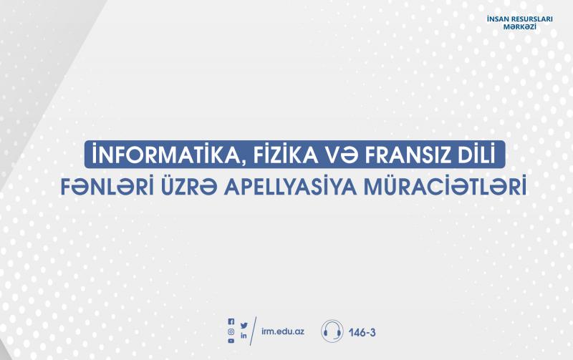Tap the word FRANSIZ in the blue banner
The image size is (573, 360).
coord(399,155)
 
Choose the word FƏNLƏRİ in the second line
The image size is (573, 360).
coord(107,187)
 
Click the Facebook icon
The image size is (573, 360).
coord(231,321)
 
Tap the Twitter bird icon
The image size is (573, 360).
coord(244,325)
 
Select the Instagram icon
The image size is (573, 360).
coord(231,332)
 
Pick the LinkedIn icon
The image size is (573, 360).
coord(244,336)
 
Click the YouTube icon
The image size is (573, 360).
coord(231,341)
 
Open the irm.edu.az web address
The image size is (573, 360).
coord(283,331)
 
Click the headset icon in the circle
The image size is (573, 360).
coord(332,331)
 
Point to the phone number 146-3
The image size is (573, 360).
coord(362,333)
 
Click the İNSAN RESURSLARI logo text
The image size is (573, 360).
coord(520,19)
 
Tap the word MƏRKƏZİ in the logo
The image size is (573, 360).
coord(520,27)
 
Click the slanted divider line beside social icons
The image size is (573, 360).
coord(254,331)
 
